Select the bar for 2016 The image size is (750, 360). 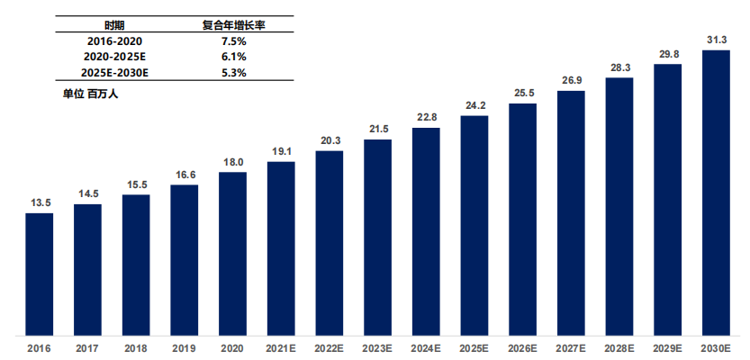pyautogui.click(x=39, y=272)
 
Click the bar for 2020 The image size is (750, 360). pyautogui.click(x=232, y=252)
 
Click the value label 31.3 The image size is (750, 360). pyautogui.click(x=716, y=39)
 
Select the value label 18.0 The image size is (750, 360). pyautogui.click(x=232, y=161)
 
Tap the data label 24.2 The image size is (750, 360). pyautogui.click(x=474, y=104)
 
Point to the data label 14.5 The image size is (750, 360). pyautogui.click(x=87, y=193)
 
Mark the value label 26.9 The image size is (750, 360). pyautogui.click(x=571, y=80)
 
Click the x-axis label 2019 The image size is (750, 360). pyautogui.click(x=184, y=348)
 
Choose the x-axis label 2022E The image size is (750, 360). pyautogui.click(x=330, y=348)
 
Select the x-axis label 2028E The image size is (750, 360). pyautogui.click(x=619, y=348)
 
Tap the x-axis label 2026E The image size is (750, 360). pyautogui.click(x=523, y=348)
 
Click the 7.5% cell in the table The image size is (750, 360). pyautogui.click(x=232, y=40)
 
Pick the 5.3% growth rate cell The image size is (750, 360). pyautogui.click(x=232, y=72)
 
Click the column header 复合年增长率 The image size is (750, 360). pyautogui.click(x=232, y=24)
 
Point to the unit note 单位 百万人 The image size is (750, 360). pyautogui.click(x=90, y=93)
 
